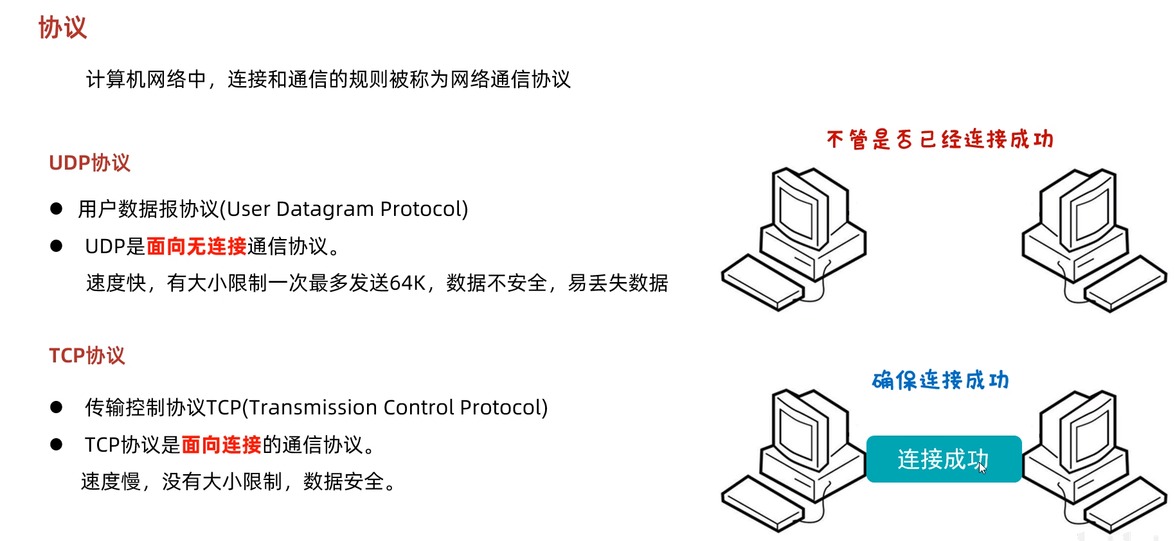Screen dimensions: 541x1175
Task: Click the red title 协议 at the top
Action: point(62,28)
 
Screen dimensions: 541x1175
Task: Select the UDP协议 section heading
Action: point(89,163)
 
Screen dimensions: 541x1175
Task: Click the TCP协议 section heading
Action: point(87,355)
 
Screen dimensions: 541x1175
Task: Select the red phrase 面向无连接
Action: point(196,246)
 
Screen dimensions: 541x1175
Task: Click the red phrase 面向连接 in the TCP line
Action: point(221,445)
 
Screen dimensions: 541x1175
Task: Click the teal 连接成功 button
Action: point(943,459)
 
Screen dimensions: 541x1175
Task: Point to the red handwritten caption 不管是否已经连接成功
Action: point(940,139)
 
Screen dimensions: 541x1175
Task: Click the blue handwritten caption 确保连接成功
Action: point(940,380)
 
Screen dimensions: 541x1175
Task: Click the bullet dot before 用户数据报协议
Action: point(57,209)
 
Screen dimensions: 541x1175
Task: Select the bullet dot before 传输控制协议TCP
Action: point(57,407)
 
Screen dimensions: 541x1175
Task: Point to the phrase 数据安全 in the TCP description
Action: point(344,482)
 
